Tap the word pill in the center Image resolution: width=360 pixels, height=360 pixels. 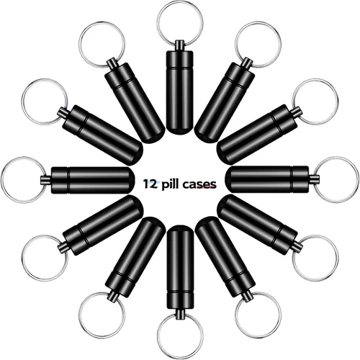(171, 184)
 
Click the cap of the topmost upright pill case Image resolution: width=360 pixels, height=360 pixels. (179, 59)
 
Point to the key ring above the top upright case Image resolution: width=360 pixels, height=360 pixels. (158, 24)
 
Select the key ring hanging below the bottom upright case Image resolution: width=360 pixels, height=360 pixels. (158, 336)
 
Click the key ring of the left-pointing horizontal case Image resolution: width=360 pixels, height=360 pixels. (2, 180)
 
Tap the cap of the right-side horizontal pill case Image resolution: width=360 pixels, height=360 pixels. (300, 179)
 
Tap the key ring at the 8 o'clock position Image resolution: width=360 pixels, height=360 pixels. (23, 258)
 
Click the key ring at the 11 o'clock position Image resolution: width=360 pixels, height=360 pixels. (80, 45)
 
